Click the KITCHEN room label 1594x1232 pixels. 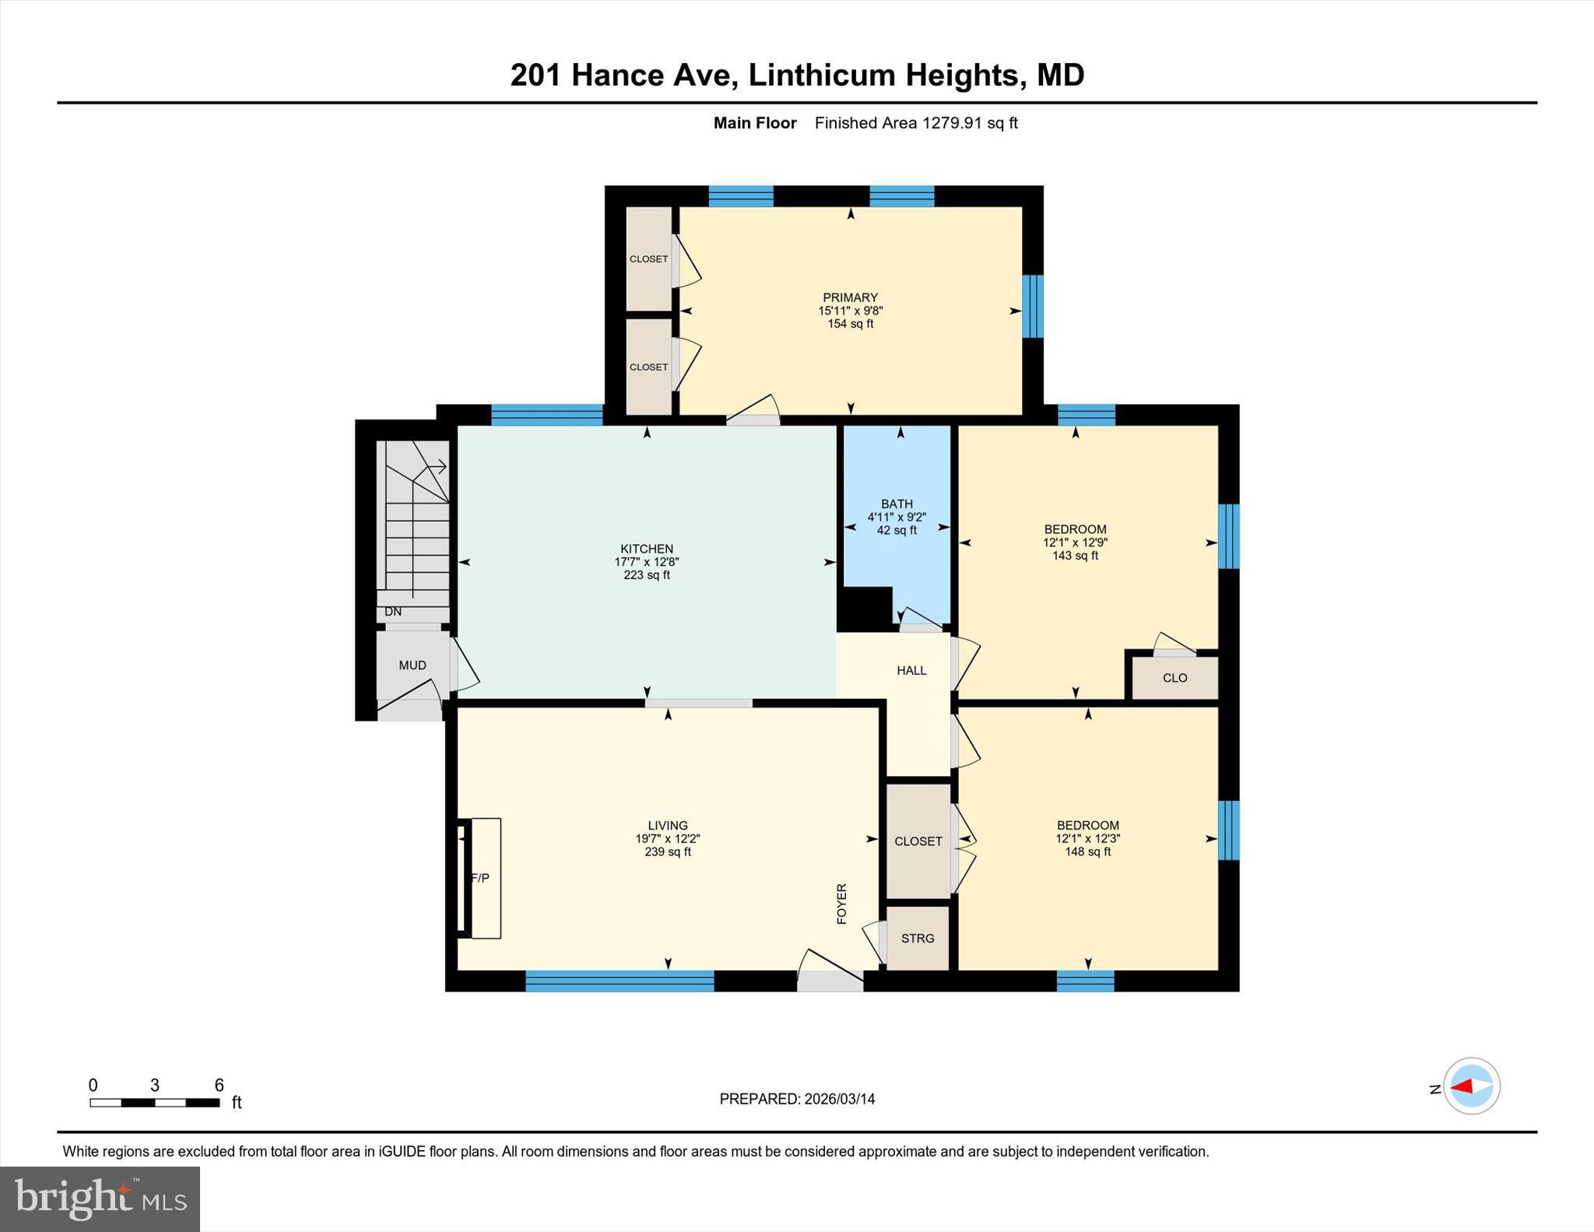click(647, 549)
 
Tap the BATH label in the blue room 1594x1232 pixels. click(897, 504)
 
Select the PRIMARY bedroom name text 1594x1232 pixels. click(850, 297)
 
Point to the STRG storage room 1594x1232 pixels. click(918, 938)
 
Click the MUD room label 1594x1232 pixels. click(413, 665)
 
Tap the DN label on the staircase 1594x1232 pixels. click(393, 612)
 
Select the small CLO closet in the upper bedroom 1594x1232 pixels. click(1174, 678)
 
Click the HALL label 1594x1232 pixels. click(911, 670)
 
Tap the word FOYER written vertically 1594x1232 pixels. click(841, 904)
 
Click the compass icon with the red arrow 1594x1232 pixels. click(1472, 1086)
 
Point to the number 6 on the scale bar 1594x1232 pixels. click(219, 1085)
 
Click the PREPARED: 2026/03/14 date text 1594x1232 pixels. click(797, 1099)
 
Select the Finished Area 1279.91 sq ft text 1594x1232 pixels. click(916, 123)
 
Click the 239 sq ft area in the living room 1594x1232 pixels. click(668, 851)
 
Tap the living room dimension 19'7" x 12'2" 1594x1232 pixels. click(668, 839)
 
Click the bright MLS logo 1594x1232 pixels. click(100, 1199)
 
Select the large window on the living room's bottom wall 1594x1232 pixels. click(620, 981)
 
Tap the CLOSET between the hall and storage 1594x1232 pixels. click(918, 841)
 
